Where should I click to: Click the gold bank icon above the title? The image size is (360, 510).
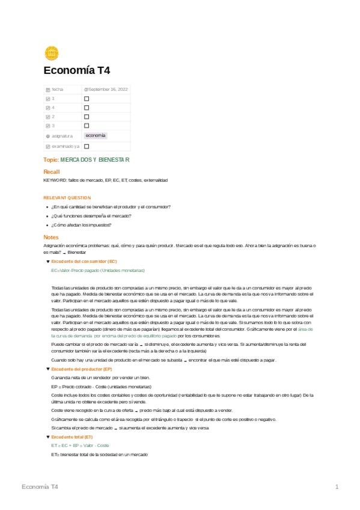point(51,52)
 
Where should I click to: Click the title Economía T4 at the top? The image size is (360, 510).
point(77,70)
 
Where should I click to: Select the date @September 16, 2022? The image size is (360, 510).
point(106,89)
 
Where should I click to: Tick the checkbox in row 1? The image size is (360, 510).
point(87,99)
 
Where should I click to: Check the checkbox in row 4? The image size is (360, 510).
point(87,108)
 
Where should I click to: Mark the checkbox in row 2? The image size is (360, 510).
point(87,117)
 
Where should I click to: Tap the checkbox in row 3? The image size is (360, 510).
point(87,126)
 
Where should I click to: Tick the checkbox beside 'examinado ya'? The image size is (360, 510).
point(87,146)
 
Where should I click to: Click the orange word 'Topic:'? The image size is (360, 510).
point(51,160)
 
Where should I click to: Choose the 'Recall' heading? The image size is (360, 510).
point(52,172)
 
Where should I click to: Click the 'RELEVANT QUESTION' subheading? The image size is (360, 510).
point(67,197)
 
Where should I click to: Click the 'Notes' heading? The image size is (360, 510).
point(51,237)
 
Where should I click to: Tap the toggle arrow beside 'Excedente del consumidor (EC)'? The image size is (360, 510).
point(47,262)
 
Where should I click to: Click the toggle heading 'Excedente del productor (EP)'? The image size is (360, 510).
point(82,369)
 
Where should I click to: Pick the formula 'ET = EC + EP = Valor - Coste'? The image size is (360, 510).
point(80,445)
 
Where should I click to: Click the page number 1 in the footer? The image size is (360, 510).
point(337,486)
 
